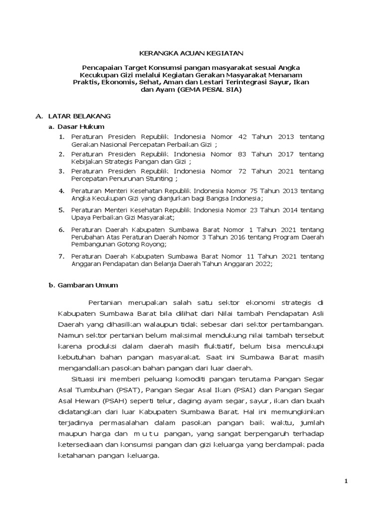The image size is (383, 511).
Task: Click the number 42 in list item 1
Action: click(244, 137)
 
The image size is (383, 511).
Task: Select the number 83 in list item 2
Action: click(244, 154)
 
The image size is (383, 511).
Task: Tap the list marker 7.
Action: click(61, 256)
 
